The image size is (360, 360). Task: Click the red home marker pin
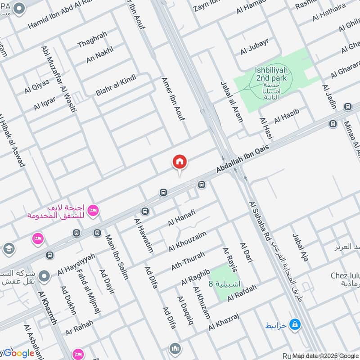180,162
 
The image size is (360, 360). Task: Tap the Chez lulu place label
345,275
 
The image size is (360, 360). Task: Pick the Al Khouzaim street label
188,241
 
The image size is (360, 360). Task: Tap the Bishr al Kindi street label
116,85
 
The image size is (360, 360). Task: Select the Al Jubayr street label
254,47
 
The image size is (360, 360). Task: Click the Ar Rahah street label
79,327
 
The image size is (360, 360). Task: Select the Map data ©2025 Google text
325,355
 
